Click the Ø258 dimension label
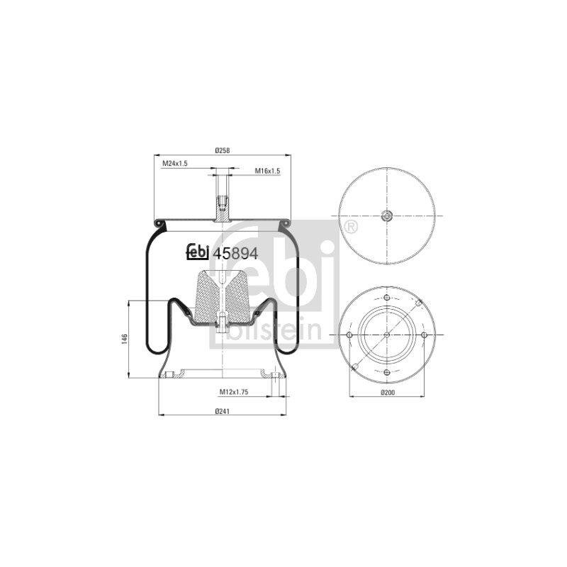click(223, 150)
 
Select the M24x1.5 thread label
click(174, 164)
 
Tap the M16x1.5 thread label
click(268, 171)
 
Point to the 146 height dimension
click(125, 339)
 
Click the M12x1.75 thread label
click(234, 392)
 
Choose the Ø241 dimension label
click(223, 411)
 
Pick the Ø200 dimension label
click(388, 393)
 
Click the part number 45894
click(235, 254)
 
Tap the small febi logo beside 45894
click(198, 252)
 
